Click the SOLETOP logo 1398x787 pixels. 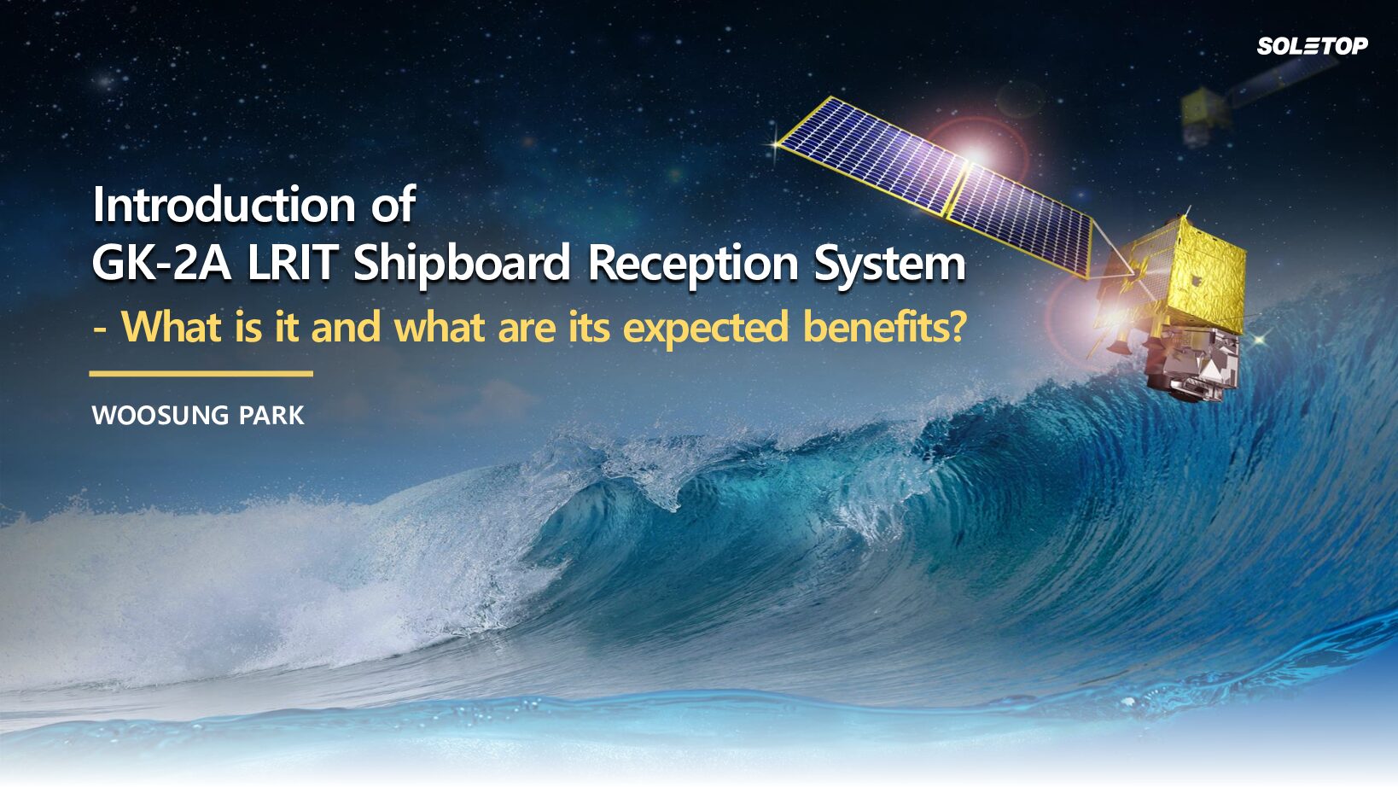coord(1313,45)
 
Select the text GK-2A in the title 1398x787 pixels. coord(161,264)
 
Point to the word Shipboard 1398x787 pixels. coord(462,265)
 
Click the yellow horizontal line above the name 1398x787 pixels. coord(201,374)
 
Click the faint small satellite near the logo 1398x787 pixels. coord(1208,114)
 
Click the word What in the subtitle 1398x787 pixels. coord(171,326)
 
